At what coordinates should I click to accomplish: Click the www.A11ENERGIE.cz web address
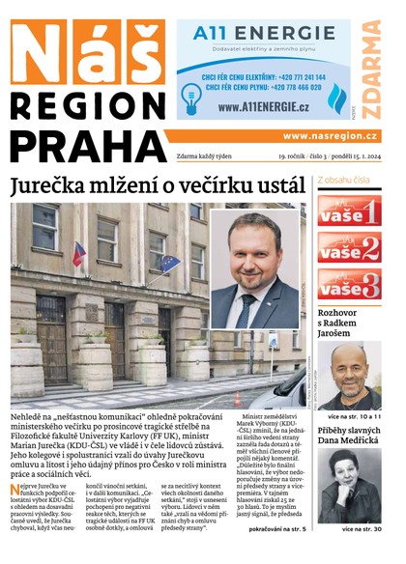[x=253, y=107]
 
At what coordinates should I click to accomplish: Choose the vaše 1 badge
[x=349, y=210]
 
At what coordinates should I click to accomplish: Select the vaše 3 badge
[x=349, y=286]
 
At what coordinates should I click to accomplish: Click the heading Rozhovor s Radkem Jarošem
[x=349, y=325]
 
